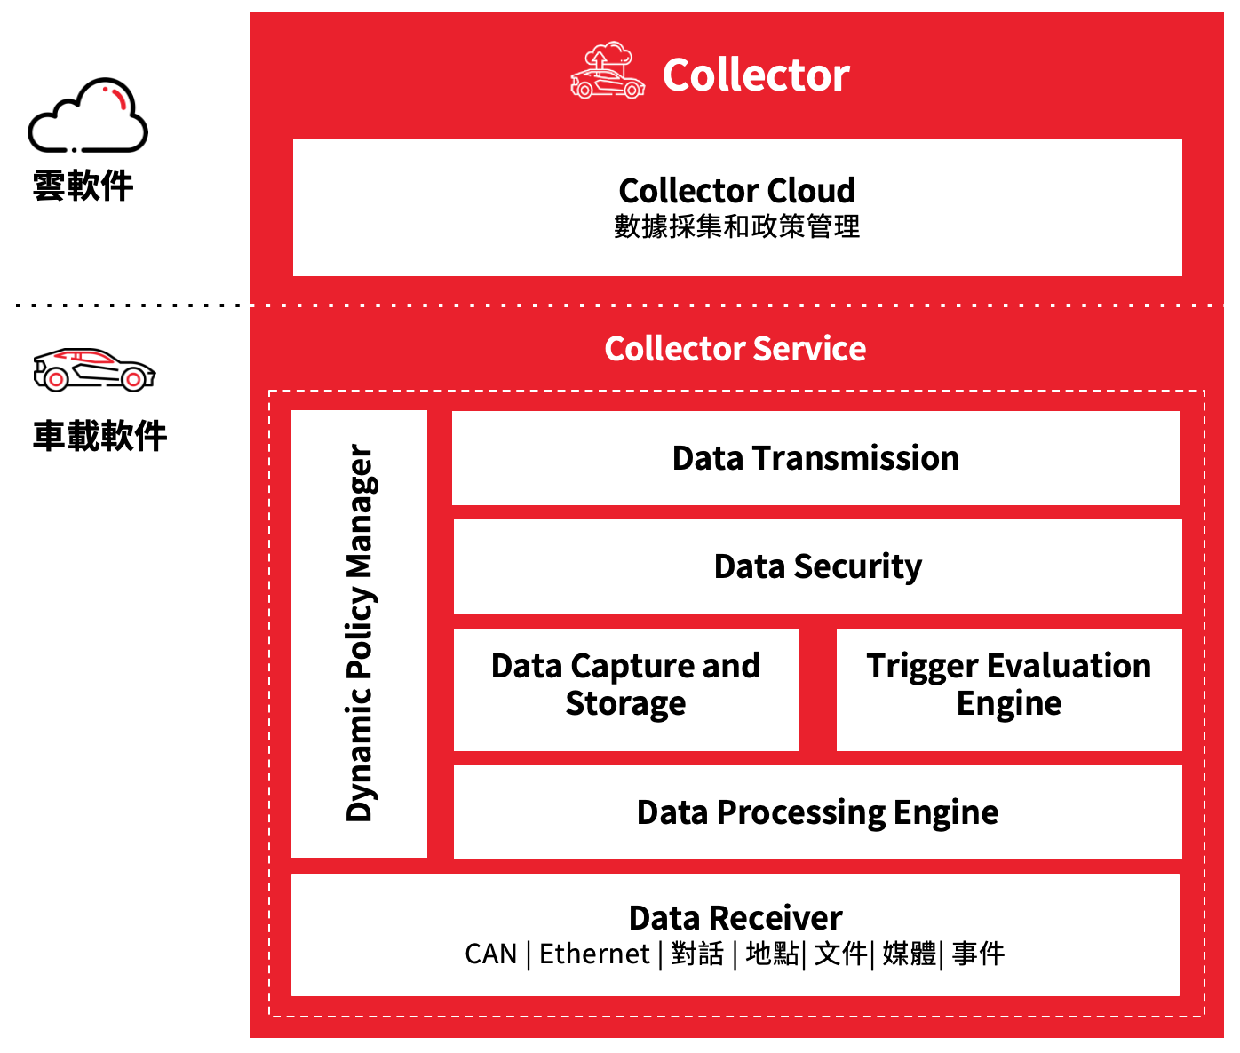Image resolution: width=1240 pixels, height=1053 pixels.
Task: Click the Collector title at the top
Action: [756, 75]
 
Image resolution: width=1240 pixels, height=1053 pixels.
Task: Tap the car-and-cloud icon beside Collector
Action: [608, 70]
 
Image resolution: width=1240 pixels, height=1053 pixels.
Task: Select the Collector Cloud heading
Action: [736, 190]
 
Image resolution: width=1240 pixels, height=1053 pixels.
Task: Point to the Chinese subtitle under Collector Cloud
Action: [736, 227]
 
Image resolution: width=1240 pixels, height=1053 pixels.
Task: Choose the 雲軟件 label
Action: [83, 186]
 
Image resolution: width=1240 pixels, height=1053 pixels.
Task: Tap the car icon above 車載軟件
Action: [93, 369]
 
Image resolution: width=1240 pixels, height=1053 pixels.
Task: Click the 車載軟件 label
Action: [99, 436]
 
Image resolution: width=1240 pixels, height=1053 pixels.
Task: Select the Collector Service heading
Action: [735, 349]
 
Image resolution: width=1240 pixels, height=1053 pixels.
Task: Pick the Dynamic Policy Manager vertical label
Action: [360, 633]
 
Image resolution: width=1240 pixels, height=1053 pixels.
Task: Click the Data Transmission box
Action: [815, 458]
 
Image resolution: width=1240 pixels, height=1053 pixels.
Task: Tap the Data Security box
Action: [817, 566]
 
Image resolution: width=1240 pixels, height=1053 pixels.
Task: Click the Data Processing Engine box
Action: [817, 812]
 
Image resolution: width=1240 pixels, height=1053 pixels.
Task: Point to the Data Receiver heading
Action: [735, 917]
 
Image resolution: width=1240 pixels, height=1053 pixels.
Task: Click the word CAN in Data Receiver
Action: [490, 954]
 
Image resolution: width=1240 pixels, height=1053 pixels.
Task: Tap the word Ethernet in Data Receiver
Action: [594, 954]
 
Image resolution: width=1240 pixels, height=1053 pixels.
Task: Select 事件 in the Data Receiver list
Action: [978, 954]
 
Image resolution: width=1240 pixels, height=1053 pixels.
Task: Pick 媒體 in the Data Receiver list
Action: [909, 954]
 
